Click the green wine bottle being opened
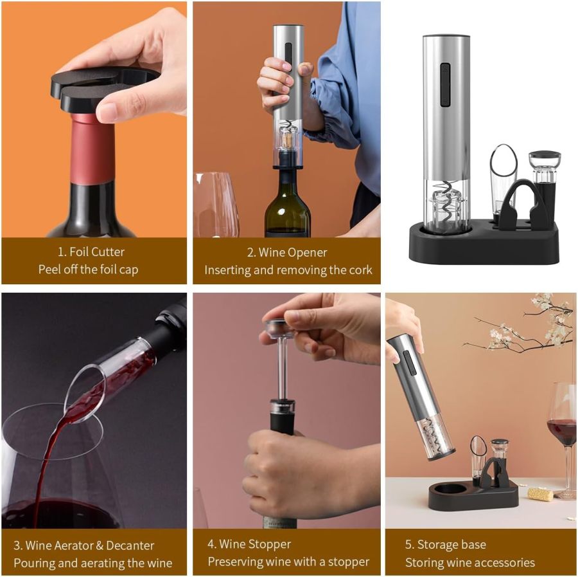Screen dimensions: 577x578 (287, 206)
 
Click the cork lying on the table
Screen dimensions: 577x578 (540, 493)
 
